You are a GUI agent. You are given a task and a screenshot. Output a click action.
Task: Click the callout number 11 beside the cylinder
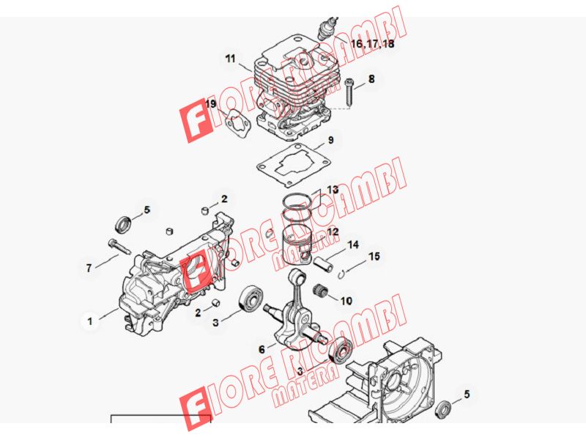pyautogui.click(x=231, y=59)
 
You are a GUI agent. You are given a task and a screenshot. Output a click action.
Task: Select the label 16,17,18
pyautogui.click(x=373, y=44)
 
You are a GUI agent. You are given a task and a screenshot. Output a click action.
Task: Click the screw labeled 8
pyautogui.click(x=350, y=92)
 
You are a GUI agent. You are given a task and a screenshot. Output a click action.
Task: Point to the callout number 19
pyautogui.click(x=211, y=104)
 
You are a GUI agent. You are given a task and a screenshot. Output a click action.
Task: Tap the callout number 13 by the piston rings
pyautogui.click(x=333, y=190)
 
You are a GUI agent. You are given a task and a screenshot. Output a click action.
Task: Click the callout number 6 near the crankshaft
pyautogui.click(x=262, y=350)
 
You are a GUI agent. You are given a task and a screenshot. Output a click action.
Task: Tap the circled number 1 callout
pyautogui.click(x=89, y=321)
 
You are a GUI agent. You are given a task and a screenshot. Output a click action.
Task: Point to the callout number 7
pyautogui.click(x=89, y=268)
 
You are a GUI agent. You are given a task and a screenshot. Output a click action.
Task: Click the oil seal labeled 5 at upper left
pyautogui.click(x=123, y=224)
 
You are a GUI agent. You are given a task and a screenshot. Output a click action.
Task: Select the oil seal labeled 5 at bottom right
pyautogui.click(x=444, y=408)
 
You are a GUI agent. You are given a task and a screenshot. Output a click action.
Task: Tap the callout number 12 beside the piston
pyautogui.click(x=333, y=232)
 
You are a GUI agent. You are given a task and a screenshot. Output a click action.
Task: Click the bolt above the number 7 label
pyautogui.click(x=119, y=247)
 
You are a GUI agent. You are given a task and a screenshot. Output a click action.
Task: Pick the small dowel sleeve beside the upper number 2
pyautogui.click(x=205, y=210)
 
